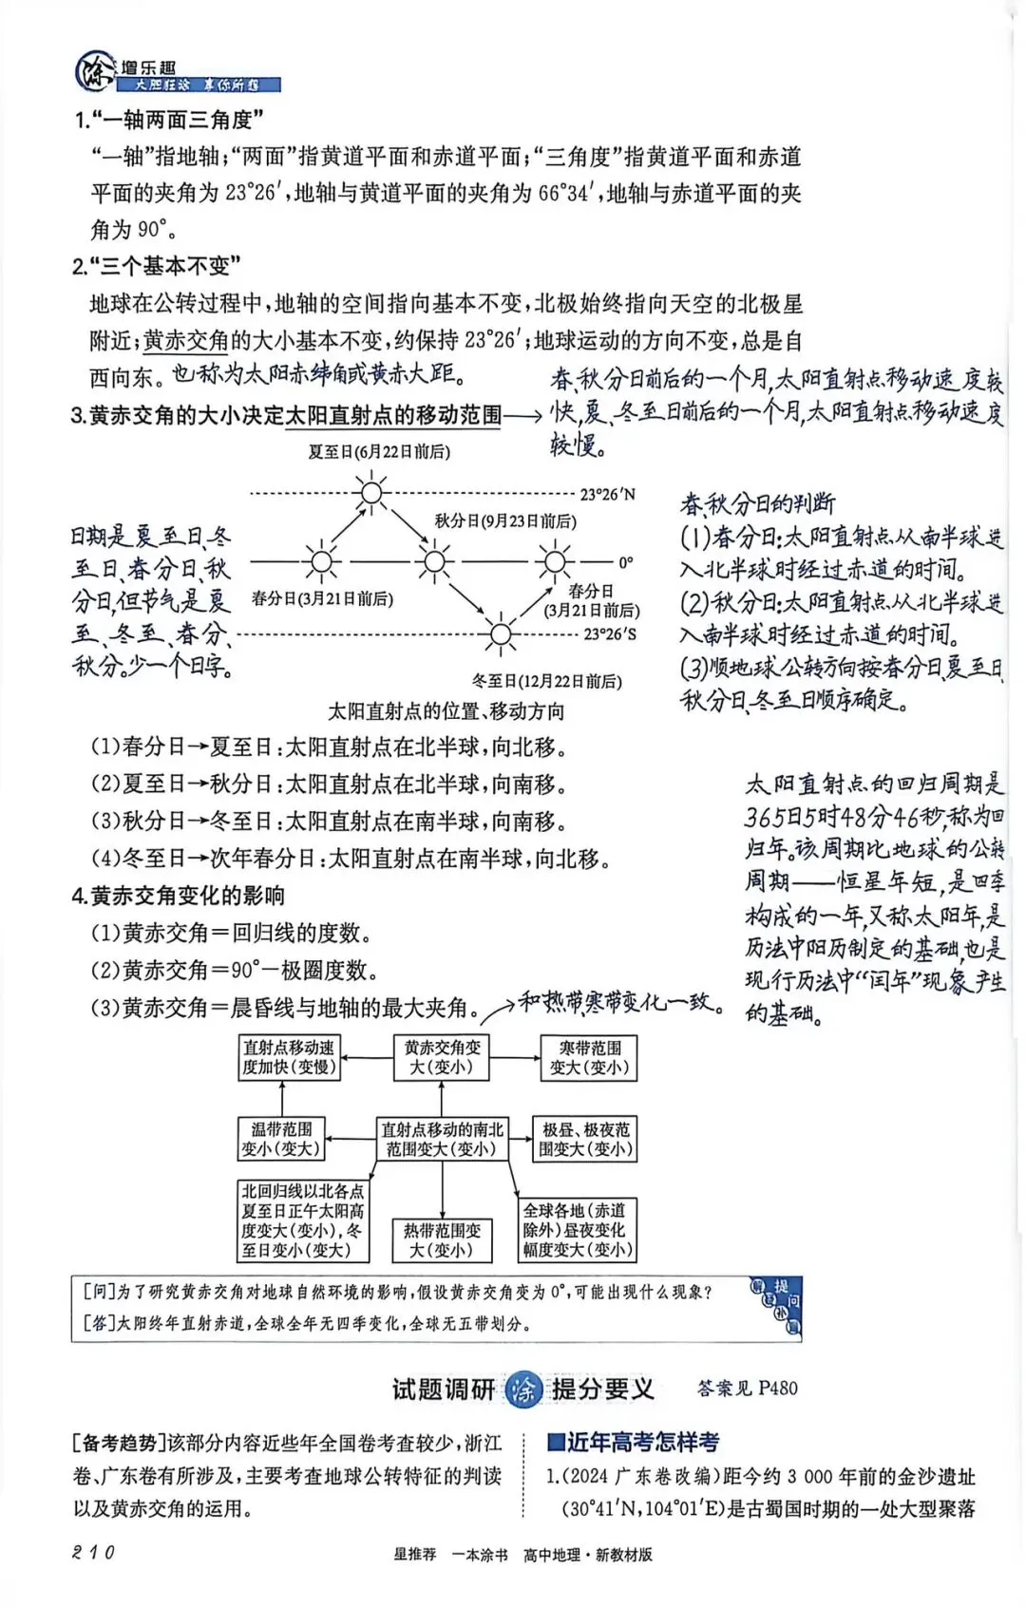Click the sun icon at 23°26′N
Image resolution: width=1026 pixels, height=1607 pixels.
[370, 492]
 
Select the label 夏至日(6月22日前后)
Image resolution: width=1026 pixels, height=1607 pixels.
[378, 452]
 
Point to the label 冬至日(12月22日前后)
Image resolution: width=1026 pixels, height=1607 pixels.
[546, 681]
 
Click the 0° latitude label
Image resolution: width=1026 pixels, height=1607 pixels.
[625, 562]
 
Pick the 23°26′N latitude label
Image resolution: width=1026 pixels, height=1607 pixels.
[607, 494]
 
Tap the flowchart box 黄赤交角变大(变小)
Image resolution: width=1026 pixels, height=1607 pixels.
[442, 1057]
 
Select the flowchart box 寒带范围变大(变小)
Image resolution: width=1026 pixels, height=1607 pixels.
[590, 1057]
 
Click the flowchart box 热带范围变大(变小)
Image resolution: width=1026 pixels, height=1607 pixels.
[442, 1239]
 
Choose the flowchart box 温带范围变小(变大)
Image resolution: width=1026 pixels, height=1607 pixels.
[281, 1139]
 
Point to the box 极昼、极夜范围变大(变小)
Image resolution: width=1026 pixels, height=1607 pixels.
[585, 1139]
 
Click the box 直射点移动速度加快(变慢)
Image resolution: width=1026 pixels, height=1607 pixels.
[289, 1057]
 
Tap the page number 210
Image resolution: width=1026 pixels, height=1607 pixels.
[93, 1552]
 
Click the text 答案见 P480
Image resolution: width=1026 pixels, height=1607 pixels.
[747, 1388]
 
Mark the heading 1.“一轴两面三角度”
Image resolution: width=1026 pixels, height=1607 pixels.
[168, 120]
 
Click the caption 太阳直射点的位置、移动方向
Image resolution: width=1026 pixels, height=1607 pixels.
[446, 711]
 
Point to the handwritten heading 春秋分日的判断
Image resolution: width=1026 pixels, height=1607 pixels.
[757, 503]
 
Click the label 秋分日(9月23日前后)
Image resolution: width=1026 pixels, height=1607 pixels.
[504, 520]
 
